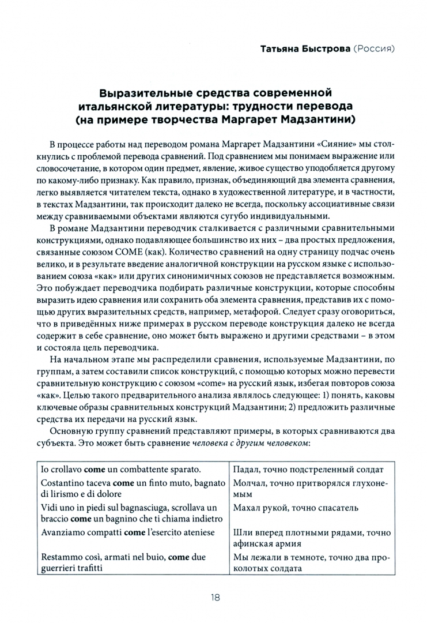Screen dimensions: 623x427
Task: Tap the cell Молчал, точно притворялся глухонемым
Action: tap(311, 488)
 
